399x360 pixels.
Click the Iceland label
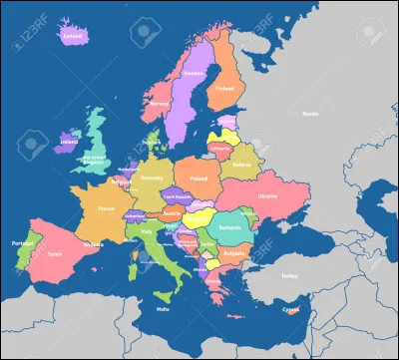(72, 37)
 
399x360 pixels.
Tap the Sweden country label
(194, 73)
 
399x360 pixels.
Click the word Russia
(310, 114)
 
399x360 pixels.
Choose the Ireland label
(70, 142)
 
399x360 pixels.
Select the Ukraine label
(268, 196)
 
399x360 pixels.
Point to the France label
(107, 209)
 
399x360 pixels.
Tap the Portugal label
(18, 241)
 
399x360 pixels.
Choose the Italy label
(147, 231)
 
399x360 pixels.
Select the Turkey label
(290, 275)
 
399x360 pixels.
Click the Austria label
(171, 212)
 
